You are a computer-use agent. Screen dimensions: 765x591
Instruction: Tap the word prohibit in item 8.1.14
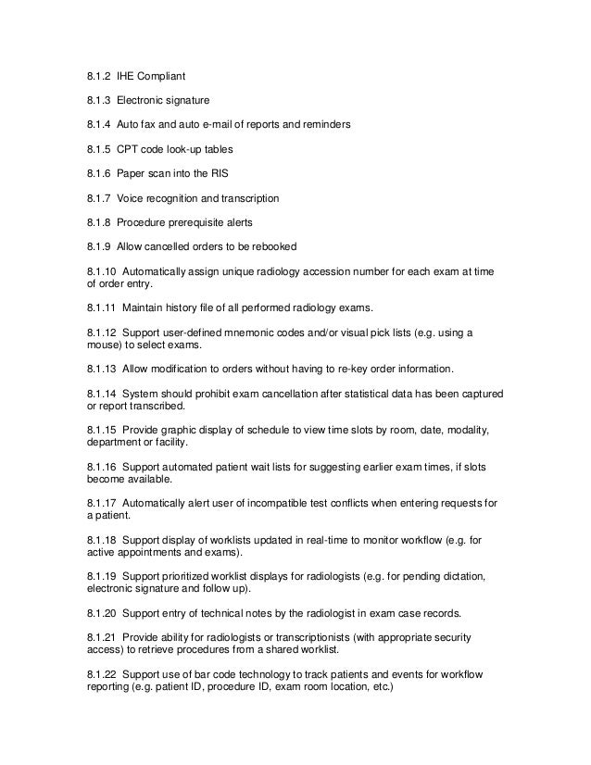coord(220,394)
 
